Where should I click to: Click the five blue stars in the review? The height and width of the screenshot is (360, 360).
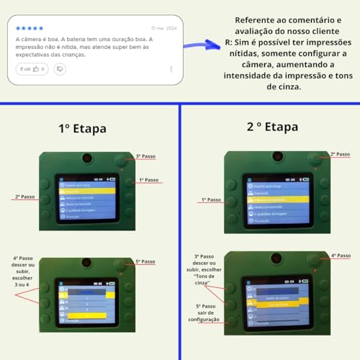pyautogui.click(x=30, y=28)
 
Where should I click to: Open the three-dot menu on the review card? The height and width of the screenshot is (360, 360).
pyautogui.click(x=171, y=69)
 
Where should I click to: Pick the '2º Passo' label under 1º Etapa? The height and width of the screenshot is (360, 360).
pyautogui.click(x=24, y=196)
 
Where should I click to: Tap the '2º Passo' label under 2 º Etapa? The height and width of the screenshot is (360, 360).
pyautogui.click(x=340, y=154)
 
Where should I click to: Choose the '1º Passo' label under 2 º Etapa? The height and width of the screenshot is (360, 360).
pyautogui.click(x=210, y=199)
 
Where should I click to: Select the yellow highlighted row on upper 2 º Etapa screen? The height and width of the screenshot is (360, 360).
pyautogui.click(x=275, y=198)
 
